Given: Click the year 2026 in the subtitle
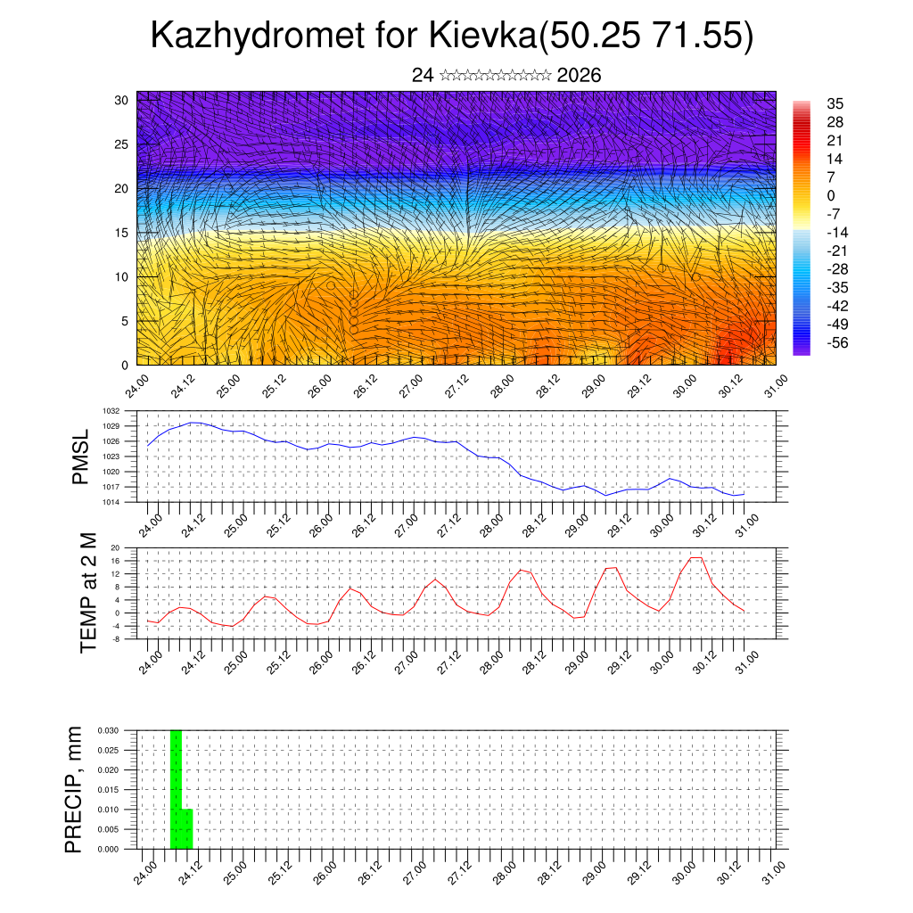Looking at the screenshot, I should tap(579, 75).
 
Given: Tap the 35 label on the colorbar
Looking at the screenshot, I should tap(835, 103).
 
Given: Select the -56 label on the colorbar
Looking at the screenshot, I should tap(838, 342).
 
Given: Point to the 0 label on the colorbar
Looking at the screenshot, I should tap(831, 195).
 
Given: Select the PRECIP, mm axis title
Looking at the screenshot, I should tap(75, 789).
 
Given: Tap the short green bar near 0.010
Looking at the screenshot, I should tap(187, 828).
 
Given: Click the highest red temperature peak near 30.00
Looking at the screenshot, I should tap(696, 558).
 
